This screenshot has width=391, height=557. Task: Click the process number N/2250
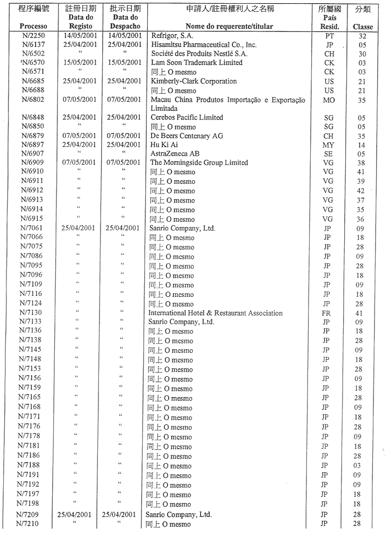32,35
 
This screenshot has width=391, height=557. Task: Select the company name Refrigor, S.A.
172,35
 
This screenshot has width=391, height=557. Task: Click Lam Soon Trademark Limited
196,63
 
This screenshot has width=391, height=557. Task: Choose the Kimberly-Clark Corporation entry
194,82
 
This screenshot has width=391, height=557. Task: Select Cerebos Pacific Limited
187,117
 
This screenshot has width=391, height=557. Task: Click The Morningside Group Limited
199,163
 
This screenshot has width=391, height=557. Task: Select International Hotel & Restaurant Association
215,313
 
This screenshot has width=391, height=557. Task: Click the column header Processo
33,26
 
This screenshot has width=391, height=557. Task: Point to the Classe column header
362,27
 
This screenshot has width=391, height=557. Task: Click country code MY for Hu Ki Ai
329,145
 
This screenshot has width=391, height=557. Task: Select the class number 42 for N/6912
361,191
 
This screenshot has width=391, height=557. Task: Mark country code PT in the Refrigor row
329,35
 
